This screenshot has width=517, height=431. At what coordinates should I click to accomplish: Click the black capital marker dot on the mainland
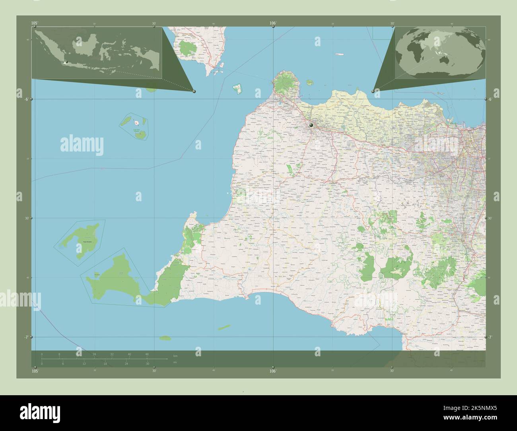(311, 125)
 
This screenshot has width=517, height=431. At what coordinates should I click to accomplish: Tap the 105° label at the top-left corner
(35, 23)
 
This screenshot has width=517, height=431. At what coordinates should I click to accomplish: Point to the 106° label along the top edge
(273, 23)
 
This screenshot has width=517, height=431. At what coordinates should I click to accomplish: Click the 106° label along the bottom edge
(273, 371)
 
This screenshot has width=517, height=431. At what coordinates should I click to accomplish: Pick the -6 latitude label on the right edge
(490, 99)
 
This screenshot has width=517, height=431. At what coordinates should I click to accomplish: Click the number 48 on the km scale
(147, 354)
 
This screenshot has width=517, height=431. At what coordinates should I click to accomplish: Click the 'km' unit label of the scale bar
(175, 355)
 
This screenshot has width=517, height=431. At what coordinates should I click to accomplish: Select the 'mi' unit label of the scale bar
(175, 362)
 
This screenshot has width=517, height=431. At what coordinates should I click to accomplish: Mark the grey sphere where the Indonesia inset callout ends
(194, 91)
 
